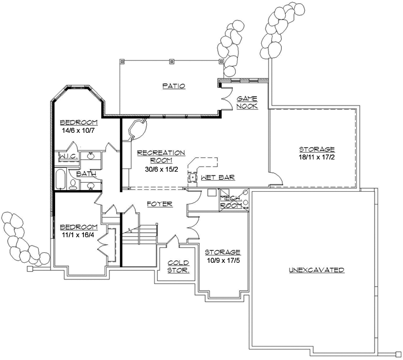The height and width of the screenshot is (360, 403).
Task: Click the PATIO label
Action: coord(173,86)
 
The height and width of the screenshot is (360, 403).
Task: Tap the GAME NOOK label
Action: coord(247,102)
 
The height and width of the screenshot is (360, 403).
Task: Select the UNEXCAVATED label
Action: coord(316,270)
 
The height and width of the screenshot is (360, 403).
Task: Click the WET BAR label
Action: coord(218,178)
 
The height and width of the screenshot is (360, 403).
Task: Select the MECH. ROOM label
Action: coord(231,202)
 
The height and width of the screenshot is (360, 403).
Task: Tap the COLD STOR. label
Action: coord(178,267)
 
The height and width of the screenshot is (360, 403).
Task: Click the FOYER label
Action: coord(160,204)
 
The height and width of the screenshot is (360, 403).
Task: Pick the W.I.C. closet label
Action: coord(67,157)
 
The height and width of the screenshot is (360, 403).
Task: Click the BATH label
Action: coord(86,174)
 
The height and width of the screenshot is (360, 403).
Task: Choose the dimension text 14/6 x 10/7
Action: coord(78,131)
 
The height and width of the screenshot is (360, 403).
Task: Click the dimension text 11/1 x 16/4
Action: coord(78,234)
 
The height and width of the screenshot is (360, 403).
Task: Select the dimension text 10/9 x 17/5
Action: coord(222,260)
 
